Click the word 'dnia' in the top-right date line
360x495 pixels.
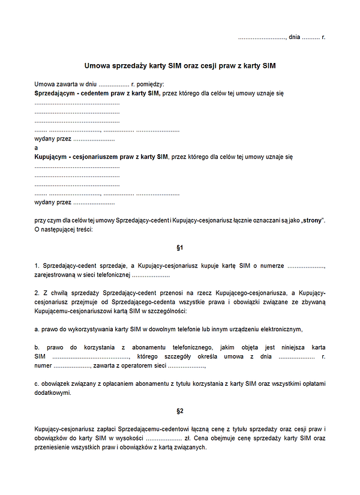(294, 37)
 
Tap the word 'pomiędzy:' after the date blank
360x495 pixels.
(150, 85)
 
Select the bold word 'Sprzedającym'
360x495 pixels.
(57, 94)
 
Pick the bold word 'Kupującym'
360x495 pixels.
(50, 157)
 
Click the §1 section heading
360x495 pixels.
(179, 247)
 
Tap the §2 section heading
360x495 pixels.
(179, 411)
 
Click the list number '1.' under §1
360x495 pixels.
(37, 265)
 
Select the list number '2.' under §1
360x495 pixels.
(37, 292)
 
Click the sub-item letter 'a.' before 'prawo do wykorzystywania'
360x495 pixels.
(37, 329)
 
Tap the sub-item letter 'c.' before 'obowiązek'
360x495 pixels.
(37, 383)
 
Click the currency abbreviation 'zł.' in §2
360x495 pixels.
(188, 439)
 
